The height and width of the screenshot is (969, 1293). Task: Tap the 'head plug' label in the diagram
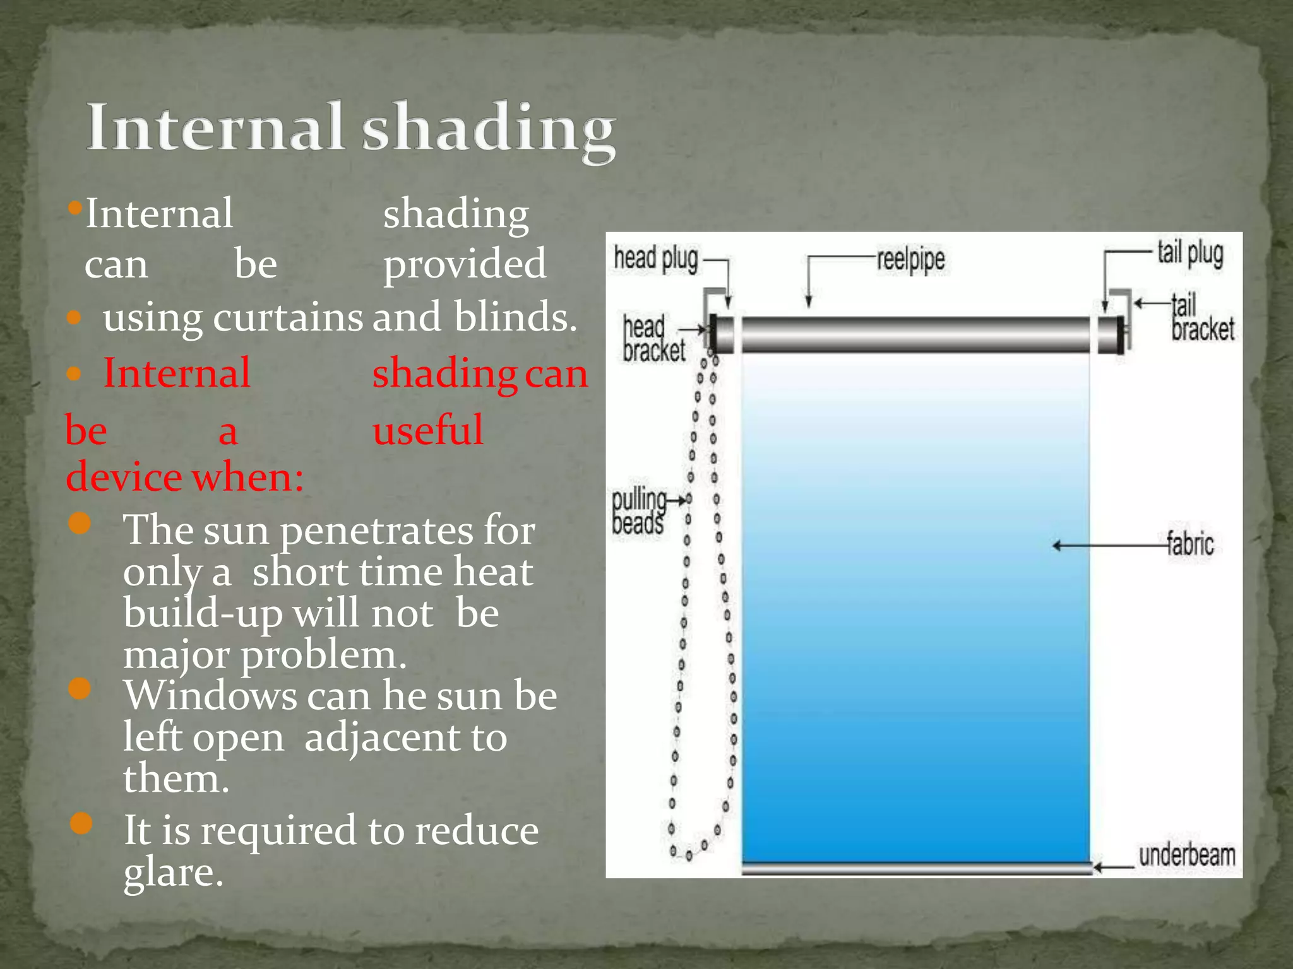point(656,259)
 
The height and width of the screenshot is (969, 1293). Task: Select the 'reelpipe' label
point(910,259)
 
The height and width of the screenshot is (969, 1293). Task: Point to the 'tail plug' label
point(1190,254)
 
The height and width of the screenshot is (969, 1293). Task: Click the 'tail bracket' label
point(1201,318)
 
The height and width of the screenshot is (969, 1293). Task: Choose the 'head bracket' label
point(653,339)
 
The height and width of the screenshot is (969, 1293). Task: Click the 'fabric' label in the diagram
point(1190,544)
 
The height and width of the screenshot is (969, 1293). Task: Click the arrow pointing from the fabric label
point(1108,545)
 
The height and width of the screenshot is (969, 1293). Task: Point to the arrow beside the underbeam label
point(1114,868)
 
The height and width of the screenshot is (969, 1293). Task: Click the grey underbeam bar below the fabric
point(915,869)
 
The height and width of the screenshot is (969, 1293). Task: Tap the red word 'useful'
point(428,430)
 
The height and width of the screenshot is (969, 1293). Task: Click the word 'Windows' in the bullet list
point(210,696)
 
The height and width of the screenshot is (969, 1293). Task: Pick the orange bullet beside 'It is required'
point(81,823)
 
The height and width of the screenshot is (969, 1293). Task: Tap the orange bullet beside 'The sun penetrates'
point(80,523)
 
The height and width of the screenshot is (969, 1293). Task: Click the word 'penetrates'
point(376,530)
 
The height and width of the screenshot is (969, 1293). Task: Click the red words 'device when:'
point(184,477)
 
